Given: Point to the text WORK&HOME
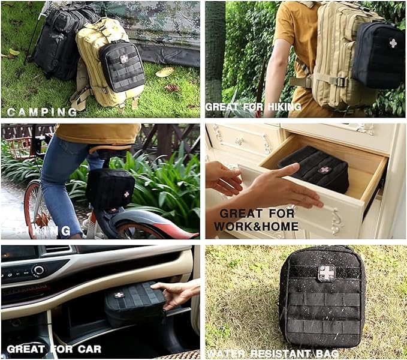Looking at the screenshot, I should (258, 226).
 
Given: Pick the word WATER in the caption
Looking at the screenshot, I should (227, 354).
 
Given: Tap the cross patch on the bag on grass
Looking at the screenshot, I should (327, 273).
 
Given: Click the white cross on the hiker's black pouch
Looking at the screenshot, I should (393, 43).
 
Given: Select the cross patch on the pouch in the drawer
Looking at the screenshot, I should (324, 170).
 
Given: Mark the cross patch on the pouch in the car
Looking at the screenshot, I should (119, 295).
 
